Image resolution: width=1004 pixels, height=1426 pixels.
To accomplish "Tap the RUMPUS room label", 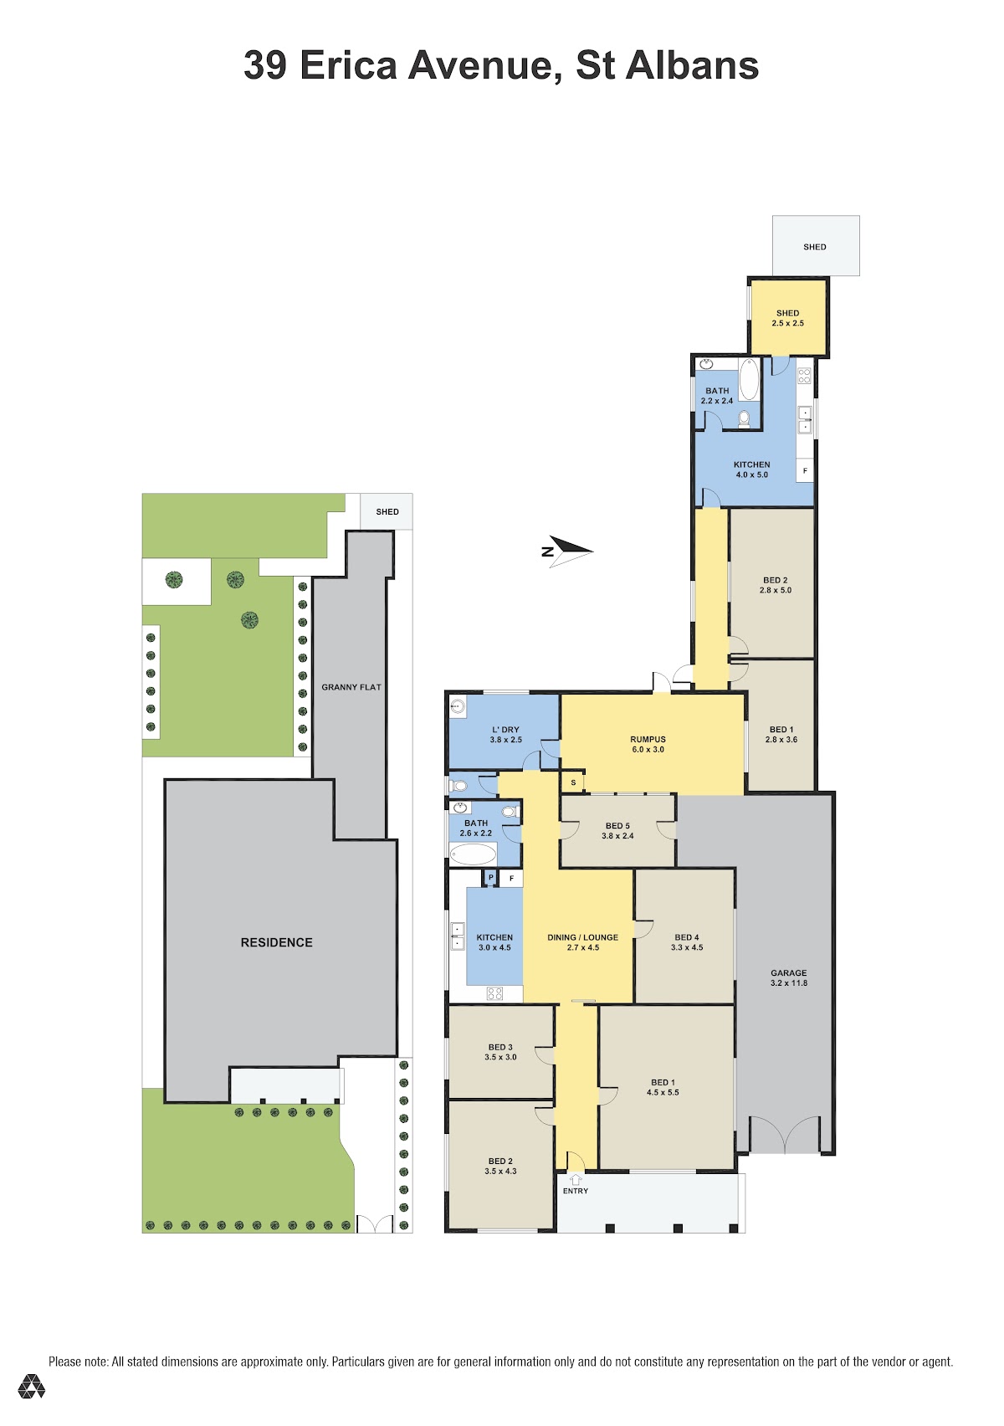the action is point(648,739).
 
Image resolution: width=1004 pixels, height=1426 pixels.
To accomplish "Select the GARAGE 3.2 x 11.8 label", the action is point(788,977).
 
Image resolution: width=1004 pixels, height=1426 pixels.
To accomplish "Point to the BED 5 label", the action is point(617,826).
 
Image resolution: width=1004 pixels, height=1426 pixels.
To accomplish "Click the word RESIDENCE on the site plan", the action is point(276,942).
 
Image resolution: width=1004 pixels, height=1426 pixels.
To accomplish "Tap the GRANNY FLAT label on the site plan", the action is point(351,687).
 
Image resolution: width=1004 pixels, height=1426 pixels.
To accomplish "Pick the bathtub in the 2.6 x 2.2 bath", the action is point(473,854).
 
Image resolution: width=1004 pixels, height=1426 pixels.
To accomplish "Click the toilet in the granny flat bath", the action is point(744,418).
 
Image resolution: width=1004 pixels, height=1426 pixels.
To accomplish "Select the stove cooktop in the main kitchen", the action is point(494,993).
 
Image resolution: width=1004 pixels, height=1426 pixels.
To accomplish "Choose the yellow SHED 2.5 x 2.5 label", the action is point(787,318).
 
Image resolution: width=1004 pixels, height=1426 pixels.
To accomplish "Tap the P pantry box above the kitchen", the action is point(490,878).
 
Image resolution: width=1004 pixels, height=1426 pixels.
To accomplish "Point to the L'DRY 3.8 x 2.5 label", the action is point(505,735).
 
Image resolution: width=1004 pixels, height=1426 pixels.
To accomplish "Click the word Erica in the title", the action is point(347,65).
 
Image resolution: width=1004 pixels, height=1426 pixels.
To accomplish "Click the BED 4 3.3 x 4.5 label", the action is point(686,942).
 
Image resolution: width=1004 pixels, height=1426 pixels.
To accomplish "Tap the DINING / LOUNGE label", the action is point(582,937).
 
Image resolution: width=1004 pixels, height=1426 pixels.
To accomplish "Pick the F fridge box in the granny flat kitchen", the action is point(805,470).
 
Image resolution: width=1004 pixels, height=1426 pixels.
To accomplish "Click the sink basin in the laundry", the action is point(458,706).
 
